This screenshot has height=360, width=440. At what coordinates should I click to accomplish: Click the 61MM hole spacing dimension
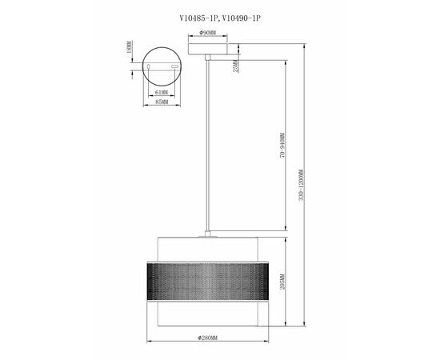pos(162,93)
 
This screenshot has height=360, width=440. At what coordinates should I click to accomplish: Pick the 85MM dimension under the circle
pos(162,102)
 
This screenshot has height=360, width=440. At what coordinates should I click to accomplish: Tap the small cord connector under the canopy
pos(209,58)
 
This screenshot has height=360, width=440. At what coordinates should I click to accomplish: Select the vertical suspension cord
pos(209,144)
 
